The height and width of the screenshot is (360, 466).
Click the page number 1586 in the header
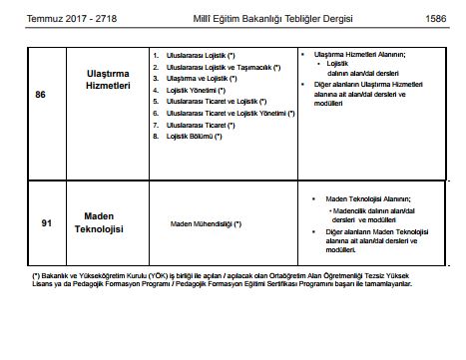click(x=436, y=17)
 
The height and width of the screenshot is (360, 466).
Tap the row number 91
click(x=45, y=223)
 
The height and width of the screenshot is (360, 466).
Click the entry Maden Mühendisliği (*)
click(x=206, y=223)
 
